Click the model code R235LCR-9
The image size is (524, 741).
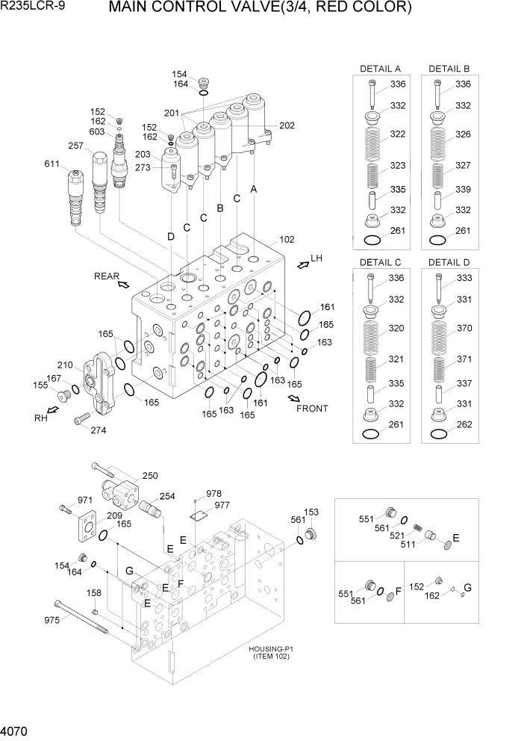point(34,8)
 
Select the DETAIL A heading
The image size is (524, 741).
point(380,69)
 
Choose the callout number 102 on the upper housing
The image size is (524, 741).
point(287,240)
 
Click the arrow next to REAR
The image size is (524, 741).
point(124,284)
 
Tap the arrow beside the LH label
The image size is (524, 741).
point(302,262)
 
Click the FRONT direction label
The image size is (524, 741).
point(312,409)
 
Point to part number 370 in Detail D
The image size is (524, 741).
point(464,328)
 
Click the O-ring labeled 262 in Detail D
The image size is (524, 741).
point(440,433)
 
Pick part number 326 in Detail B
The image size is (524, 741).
point(463,134)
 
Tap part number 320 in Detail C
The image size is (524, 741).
point(396,328)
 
